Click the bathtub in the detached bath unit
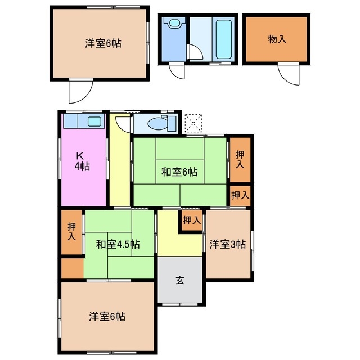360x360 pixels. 223,39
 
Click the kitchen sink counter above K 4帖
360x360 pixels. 83,121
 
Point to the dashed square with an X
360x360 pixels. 193,122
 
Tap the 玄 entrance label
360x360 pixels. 180,280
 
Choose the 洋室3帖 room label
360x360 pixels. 228,244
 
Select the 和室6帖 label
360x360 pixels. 179,172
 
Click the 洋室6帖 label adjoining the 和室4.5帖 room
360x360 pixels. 107,316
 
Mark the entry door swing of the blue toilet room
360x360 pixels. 176,72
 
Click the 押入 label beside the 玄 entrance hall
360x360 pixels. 192,220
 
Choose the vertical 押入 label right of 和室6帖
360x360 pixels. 240,159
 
